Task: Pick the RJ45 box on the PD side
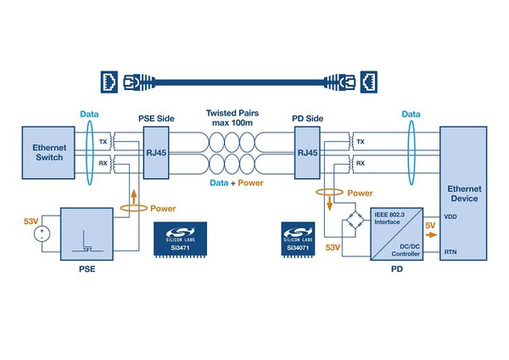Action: (x=305, y=153)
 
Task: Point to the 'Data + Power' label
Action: (x=232, y=183)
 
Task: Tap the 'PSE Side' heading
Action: (x=158, y=115)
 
